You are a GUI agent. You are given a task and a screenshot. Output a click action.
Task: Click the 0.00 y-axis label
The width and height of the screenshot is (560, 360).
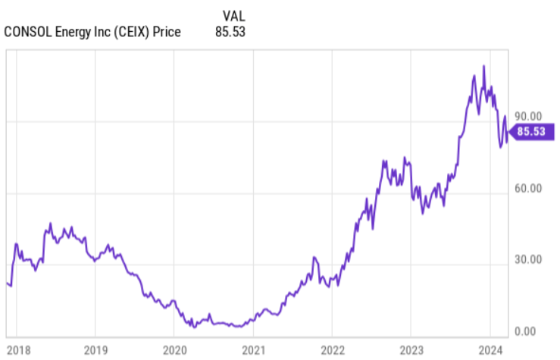(x=529, y=331)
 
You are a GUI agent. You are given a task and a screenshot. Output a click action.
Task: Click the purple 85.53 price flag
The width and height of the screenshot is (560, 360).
(x=528, y=132)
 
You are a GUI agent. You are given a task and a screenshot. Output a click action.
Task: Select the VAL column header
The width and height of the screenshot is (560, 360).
(x=234, y=15)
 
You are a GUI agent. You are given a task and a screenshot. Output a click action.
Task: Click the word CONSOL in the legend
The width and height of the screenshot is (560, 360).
(x=27, y=32)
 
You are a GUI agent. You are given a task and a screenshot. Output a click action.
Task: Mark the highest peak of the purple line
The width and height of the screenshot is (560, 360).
(x=483, y=66)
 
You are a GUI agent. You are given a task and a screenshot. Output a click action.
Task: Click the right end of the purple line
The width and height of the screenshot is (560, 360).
(x=507, y=132)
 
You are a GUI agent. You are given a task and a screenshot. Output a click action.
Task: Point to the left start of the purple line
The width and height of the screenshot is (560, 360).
(x=7, y=283)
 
